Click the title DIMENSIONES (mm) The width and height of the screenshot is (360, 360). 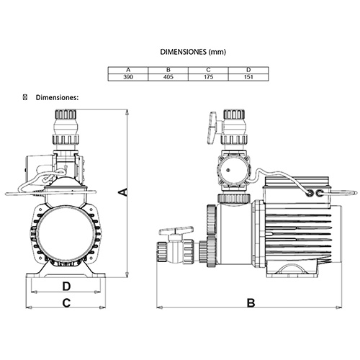pos(193,52)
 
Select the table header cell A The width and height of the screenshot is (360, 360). pos(128,70)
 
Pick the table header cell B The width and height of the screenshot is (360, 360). pos(168,70)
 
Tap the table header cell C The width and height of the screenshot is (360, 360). pos(208,70)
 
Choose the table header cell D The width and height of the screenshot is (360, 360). pos(248,70)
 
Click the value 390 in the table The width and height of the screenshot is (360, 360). pos(128,77)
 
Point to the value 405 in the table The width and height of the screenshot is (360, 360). pos(168,77)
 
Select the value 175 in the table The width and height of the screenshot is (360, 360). pos(208,77)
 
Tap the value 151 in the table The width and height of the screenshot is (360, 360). pos(248,77)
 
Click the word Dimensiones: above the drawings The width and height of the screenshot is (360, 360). pos(57,98)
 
